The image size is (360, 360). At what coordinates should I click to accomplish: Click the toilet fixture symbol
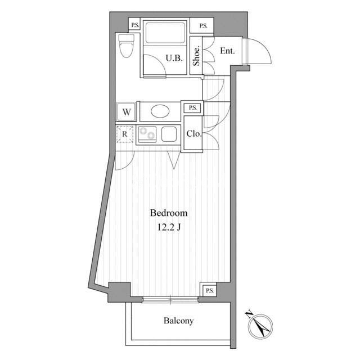click(x=126, y=46)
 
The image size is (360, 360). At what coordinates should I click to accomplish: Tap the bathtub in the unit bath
click(x=165, y=32)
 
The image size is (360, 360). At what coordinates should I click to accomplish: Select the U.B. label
click(x=174, y=58)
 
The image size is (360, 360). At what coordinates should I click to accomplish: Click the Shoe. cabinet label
click(x=196, y=56)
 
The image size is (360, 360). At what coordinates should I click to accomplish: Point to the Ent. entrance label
click(x=227, y=51)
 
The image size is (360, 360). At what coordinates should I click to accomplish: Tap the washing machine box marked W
click(x=127, y=112)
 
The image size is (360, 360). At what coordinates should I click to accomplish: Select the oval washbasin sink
click(x=160, y=111)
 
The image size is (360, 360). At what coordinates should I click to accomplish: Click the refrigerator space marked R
click(x=125, y=134)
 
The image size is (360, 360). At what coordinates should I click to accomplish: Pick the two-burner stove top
click(x=147, y=134)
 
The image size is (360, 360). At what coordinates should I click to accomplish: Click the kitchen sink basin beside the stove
click(x=169, y=134)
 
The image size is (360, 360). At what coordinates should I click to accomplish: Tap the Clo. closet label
click(x=194, y=134)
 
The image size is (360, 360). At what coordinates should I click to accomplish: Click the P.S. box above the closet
click(x=192, y=108)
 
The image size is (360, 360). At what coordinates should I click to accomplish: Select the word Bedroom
click(x=169, y=213)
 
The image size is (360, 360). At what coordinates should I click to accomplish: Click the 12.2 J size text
click(x=169, y=227)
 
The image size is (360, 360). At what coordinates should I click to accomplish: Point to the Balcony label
click(x=178, y=321)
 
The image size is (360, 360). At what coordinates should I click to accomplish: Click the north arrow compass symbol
click(x=260, y=326)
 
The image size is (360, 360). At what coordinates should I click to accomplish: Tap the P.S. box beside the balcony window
click(x=209, y=291)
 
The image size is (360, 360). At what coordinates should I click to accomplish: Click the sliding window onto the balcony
click(x=170, y=300)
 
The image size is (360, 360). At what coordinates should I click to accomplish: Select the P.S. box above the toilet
click(x=134, y=25)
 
